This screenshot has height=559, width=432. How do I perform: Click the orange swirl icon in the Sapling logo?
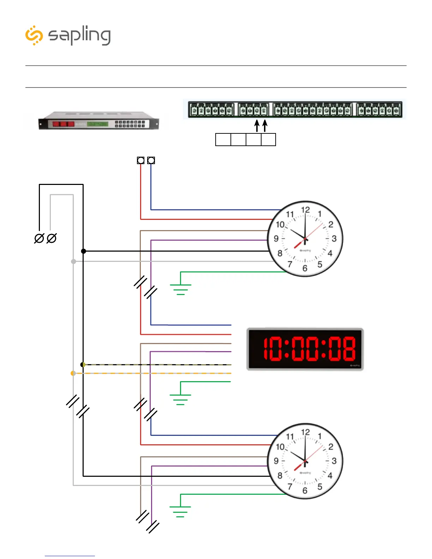(x=34, y=35)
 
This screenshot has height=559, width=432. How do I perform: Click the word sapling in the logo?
(x=79, y=36)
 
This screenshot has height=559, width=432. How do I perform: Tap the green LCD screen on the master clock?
(x=98, y=124)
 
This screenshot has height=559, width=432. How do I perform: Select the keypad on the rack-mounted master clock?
(x=130, y=124)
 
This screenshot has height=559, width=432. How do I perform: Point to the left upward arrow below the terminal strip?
(x=257, y=126)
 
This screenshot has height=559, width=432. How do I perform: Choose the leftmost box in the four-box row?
(x=223, y=140)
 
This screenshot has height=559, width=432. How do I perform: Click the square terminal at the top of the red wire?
(x=140, y=161)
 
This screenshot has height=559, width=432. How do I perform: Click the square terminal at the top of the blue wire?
(x=151, y=161)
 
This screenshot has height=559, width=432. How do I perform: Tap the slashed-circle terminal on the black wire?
(x=39, y=239)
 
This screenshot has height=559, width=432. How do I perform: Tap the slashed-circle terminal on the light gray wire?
(x=52, y=239)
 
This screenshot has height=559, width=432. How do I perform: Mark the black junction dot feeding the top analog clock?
(x=83, y=251)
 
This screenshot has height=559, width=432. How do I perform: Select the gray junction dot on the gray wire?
(x=73, y=262)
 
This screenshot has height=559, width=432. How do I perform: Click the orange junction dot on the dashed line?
(x=73, y=373)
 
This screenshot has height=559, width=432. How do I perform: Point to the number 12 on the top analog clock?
(x=305, y=210)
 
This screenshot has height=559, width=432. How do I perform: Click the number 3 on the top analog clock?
(x=334, y=239)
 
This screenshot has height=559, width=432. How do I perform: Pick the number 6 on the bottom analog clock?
(x=305, y=491)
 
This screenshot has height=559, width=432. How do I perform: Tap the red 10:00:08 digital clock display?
(x=305, y=349)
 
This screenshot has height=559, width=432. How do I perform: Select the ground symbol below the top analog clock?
(x=180, y=289)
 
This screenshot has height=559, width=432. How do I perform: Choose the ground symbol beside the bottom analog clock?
(x=180, y=511)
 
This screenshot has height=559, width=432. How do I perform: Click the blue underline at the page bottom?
(x=70, y=556)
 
